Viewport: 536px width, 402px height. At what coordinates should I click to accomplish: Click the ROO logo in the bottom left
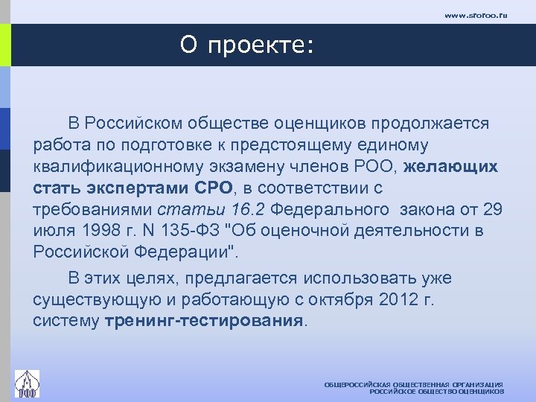tap(27, 383)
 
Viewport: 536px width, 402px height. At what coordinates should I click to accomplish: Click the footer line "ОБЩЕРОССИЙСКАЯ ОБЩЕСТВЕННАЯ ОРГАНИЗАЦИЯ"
tap(413, 383)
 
